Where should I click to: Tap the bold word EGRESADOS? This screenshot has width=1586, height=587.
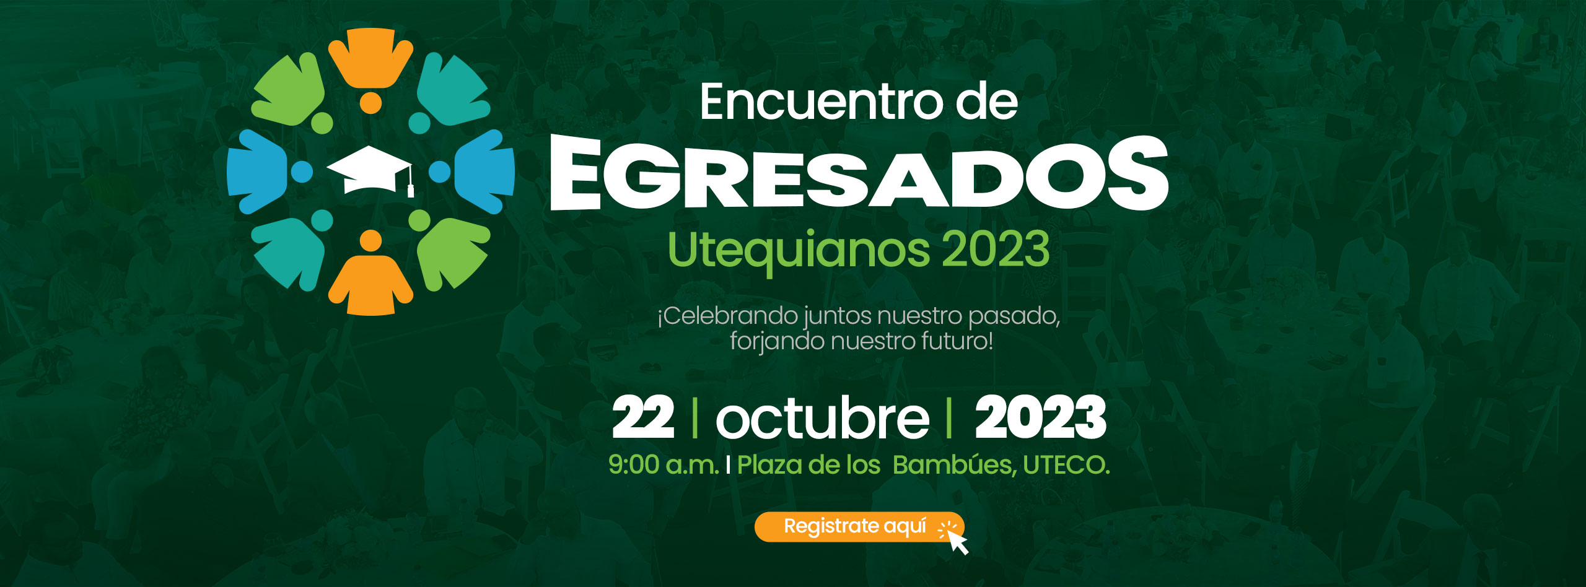[x=859, y=173]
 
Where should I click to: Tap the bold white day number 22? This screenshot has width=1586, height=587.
[x=643, y=417]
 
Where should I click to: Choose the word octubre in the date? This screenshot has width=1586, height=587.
[x=823, y=418]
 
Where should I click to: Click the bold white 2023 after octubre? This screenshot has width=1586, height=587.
[x=1041, y=417]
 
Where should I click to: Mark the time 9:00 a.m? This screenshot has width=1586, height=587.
[x=664, y=464]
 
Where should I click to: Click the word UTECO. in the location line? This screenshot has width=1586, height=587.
[x=1066, y=464]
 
